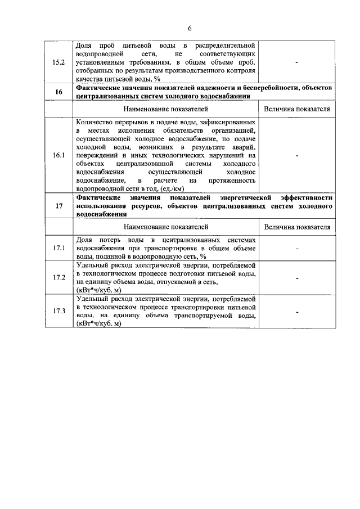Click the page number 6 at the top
coord(189,28)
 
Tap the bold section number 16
coord(59,92)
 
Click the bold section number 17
coord(59,206)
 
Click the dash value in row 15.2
coord(296,62)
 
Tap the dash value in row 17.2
coord(296,277)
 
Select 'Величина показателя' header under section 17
coord(296,227)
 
